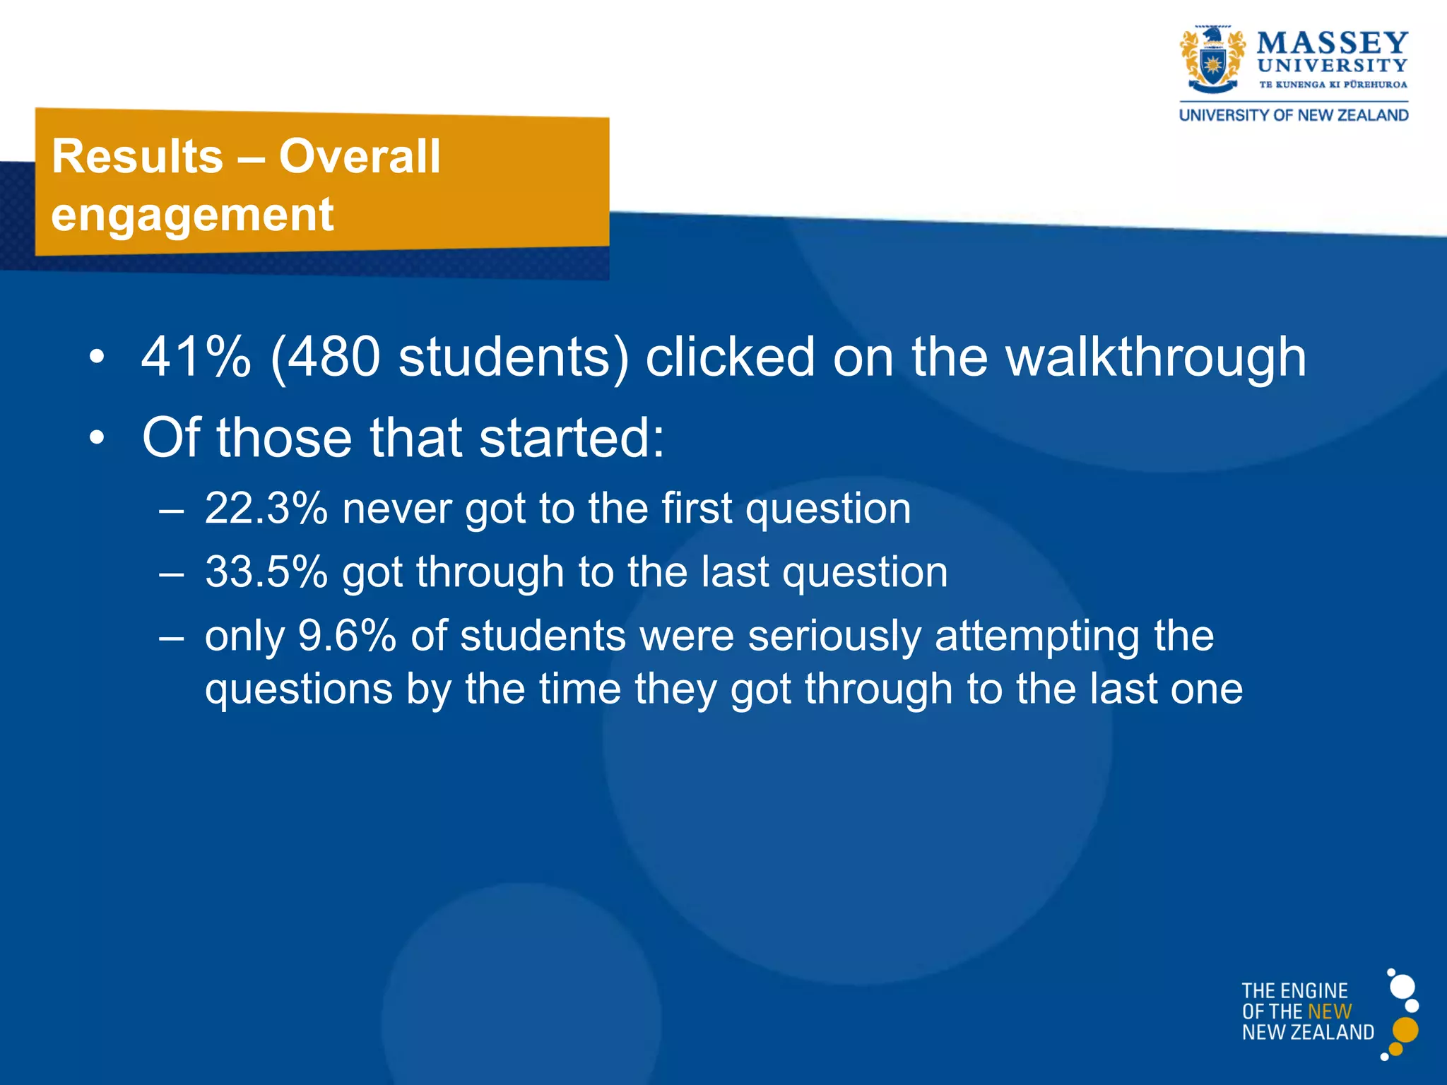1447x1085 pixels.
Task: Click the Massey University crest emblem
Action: [x=1212, y=62]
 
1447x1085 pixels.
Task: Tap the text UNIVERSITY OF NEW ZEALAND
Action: [x=1294, y=115]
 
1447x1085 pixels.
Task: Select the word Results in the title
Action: [x=138, y=156]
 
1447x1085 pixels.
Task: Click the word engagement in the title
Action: [x=192, y=215]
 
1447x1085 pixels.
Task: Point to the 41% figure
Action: [x=196, y=357]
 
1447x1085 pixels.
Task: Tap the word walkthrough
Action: [x=1156, y=357]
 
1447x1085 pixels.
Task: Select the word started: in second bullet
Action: [x=572, y=438]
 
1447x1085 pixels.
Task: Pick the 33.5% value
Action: [x=266, y=572]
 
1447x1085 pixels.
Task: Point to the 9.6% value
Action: [x=347, y=636]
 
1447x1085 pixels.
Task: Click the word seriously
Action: [x=834, y=636]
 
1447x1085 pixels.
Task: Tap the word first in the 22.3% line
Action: [x=697, y=509]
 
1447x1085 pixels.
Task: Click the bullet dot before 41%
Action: [x=97, y=357]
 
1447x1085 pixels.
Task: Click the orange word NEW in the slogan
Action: [x=1330, y=1012]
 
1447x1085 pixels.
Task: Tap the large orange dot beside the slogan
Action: [x=1405, y=1030]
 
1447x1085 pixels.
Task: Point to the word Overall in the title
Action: [x=360, y=156]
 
